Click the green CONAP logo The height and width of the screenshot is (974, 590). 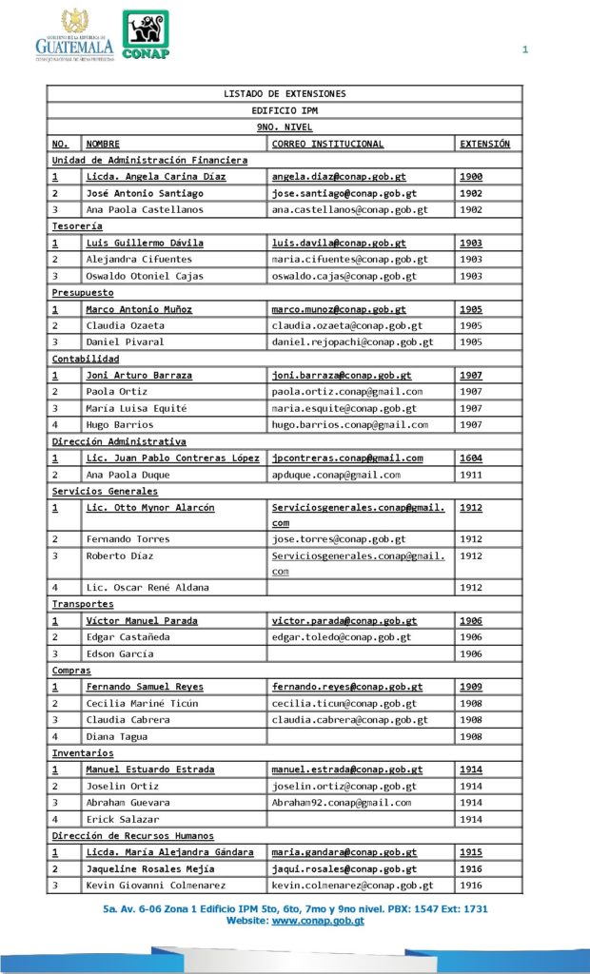(146, 35)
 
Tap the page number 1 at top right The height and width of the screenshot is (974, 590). (524, 50)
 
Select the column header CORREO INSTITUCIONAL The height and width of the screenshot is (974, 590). (327, 144)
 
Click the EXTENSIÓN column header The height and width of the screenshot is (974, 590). (484, 144)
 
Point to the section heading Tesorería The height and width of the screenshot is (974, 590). (77, 226)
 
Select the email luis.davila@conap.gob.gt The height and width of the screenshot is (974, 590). (338, 243)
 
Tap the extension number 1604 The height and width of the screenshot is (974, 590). (471, 458)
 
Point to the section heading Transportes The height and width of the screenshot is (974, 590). (83, 604)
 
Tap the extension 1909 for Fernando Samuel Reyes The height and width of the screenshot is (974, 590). (471, 687)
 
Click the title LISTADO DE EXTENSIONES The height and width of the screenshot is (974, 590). (285, 94)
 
